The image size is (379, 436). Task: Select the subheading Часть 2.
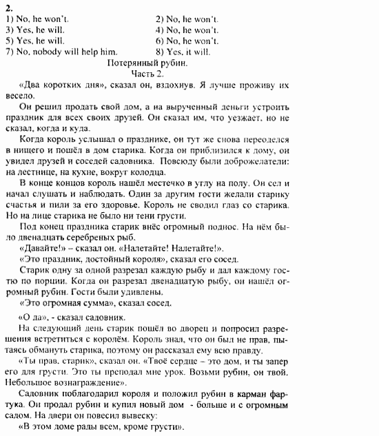[147, 74]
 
